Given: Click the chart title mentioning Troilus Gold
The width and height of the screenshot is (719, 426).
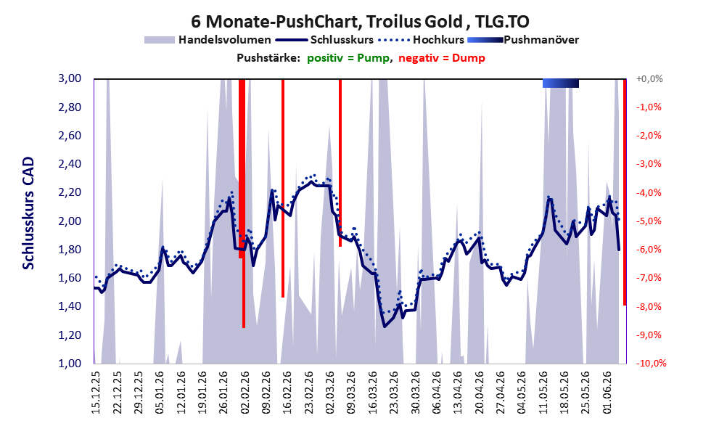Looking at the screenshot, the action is pos(360,21).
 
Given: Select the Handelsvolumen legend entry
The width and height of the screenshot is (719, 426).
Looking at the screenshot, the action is pos(208,40).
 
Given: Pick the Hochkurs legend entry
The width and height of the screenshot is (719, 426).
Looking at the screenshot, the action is pos(422,40).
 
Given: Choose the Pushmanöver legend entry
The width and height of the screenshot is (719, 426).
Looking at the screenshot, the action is pos(522,40).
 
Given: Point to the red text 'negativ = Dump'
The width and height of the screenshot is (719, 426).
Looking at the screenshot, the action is pos(442,58).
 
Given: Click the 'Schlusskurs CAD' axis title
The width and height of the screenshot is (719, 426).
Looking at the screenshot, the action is pos(28,213).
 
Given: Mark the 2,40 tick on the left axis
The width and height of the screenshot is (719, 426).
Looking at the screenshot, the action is pos(70,164).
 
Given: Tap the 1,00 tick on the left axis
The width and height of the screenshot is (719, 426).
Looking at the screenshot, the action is pos(70,364).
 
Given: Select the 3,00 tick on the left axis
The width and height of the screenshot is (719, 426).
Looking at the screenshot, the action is pos(70,78).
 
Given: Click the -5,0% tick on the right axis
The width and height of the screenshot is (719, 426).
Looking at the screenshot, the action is pos(649,221).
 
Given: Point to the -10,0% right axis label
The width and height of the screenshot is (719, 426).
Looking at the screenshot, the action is pos(651,364).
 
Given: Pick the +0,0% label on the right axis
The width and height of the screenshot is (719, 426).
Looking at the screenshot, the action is pos(649,79).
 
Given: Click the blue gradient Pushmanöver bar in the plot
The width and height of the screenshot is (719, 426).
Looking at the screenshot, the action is pos(560,83).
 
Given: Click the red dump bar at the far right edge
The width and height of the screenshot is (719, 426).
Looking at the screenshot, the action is pos(625,192).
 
